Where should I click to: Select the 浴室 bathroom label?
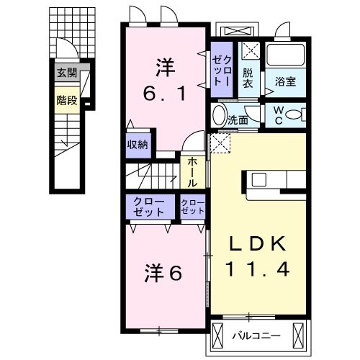point(285,82)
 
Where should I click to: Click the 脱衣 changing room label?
point(248,77)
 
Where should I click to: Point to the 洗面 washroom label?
point(238,120)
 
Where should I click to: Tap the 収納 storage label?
point(138,143)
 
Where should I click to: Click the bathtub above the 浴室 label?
point(286,55)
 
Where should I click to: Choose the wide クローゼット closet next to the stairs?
point(150,207)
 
